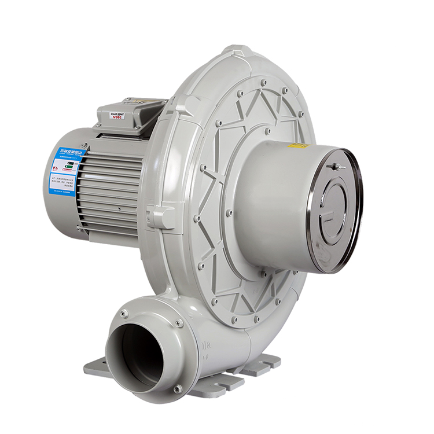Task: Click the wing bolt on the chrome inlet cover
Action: pyautogui.click(x=333, y=167)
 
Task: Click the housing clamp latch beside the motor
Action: pyautogui.click(x=159, y=216)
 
